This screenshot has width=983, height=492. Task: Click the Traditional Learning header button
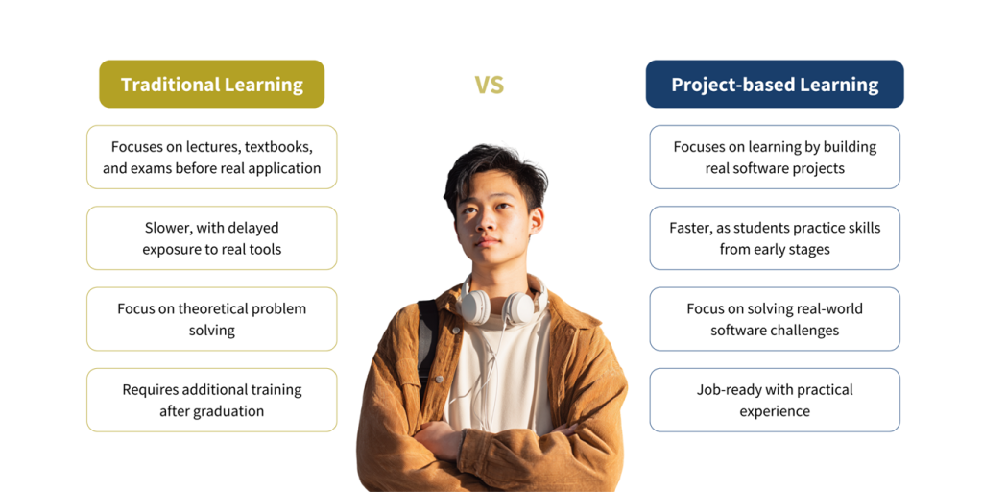pos(212,85)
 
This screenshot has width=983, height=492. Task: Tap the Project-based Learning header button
pos(775,85)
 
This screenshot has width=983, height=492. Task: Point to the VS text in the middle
pos(489,85)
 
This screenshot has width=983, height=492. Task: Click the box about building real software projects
pos(775,157)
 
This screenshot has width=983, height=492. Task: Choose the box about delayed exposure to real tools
pos(212,238)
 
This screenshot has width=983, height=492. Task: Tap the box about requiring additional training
pos(212,401)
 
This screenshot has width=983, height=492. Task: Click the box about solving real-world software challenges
pos(775,319)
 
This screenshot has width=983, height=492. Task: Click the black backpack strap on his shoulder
pos(427,339)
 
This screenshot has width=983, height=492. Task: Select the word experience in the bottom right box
pos(775,411)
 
